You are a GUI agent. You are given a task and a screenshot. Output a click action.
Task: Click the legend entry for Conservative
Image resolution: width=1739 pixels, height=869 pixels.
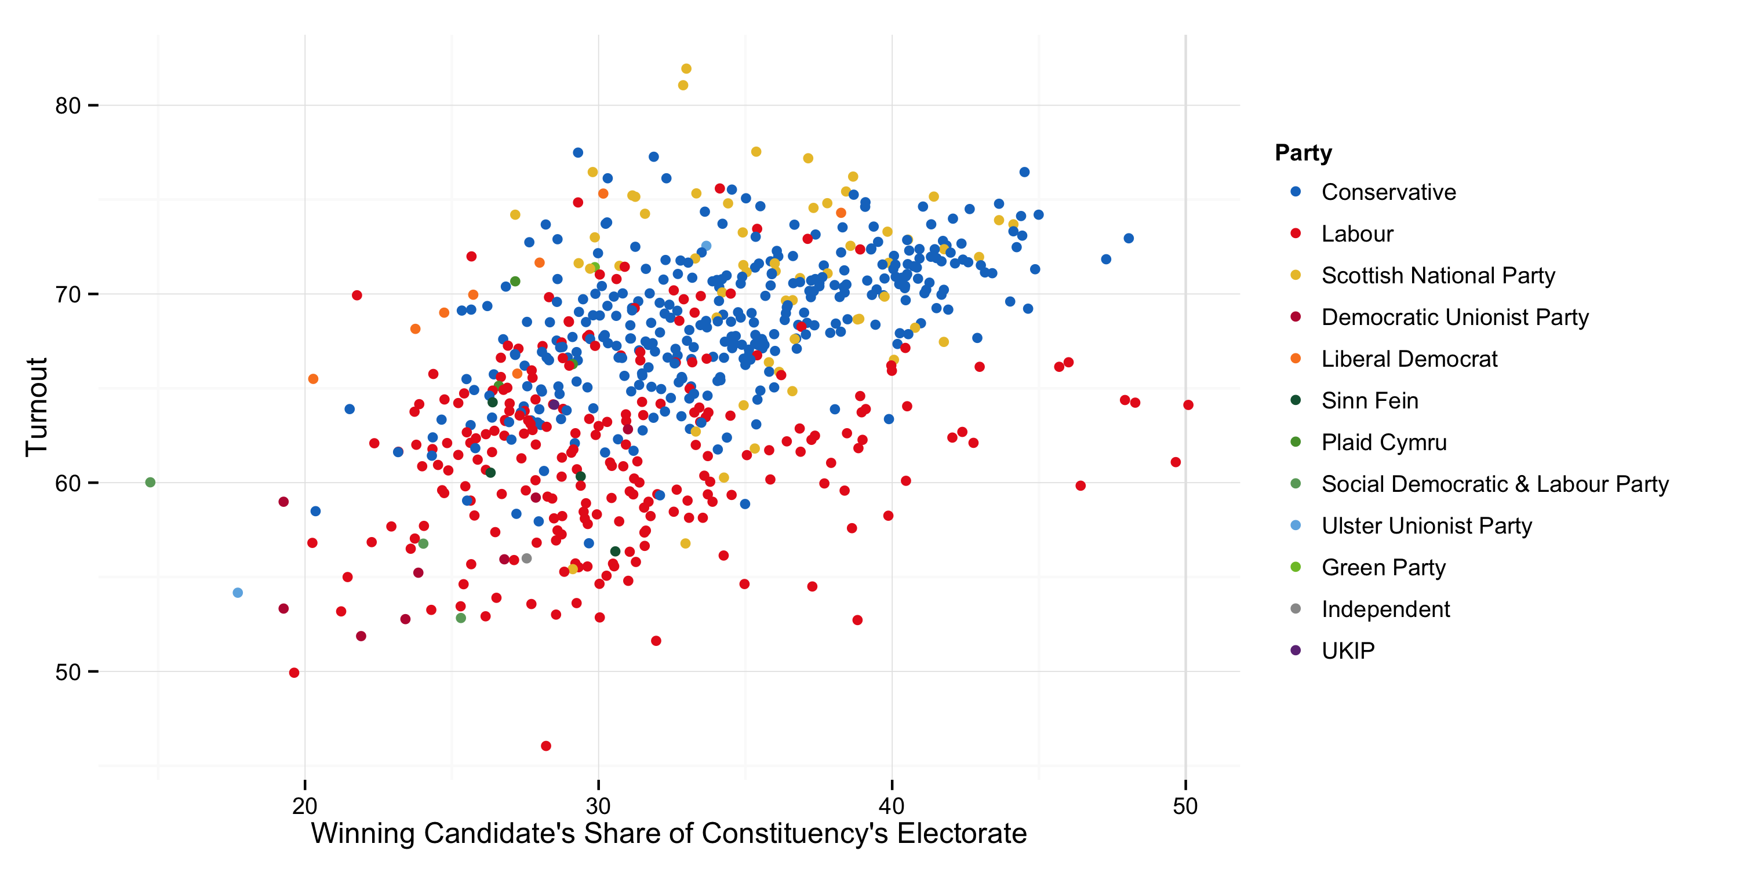point(1387,192)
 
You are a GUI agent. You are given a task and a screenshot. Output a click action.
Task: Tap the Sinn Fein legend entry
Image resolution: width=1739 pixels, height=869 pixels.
point(1369,401)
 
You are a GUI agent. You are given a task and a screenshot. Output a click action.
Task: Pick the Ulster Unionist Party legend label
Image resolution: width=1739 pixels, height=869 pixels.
point(1426,525)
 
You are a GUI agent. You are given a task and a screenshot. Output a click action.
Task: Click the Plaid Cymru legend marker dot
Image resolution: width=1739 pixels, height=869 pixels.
point(1295,442)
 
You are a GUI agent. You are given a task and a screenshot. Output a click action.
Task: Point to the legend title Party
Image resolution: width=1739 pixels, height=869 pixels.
point(1303,152)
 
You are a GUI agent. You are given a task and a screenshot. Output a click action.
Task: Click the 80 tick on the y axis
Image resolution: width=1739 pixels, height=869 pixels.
point(67,105)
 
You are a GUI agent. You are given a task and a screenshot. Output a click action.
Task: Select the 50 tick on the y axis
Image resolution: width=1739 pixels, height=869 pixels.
point(67,672)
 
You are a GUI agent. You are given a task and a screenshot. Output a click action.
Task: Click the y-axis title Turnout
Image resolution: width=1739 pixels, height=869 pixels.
point(37,407)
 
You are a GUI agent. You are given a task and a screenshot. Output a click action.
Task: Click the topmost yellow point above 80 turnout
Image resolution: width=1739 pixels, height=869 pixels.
point(686,69)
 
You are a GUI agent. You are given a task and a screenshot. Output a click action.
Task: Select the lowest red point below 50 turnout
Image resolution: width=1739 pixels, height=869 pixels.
point(545,746)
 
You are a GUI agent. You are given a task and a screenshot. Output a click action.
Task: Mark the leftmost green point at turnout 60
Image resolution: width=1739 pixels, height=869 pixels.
point(151,483)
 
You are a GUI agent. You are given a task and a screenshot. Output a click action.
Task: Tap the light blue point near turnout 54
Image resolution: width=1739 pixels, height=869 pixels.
point(238,593)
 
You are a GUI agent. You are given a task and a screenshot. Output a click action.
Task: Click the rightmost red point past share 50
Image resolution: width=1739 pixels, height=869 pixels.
point(1188,405)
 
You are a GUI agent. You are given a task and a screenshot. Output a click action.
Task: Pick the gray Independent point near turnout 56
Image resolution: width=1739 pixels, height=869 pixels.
point(526,558)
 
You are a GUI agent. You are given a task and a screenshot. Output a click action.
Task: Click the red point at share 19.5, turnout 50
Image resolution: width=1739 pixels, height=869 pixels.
point(294,673)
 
